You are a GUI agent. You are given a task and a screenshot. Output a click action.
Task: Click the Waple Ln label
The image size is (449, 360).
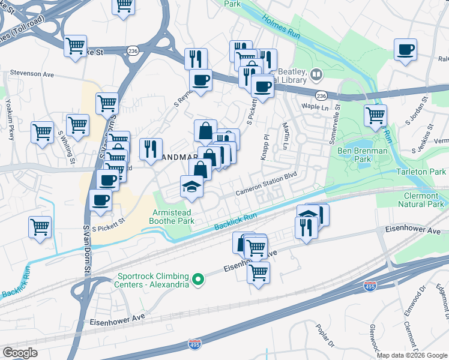tap(313, 106)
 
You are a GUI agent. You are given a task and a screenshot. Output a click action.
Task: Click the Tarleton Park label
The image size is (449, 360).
tap(422, 172)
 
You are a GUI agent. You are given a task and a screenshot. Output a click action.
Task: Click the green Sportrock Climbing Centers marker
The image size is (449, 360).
tap(197, 280)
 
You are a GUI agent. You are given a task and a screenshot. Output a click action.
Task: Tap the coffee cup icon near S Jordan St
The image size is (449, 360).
tap(406, 49)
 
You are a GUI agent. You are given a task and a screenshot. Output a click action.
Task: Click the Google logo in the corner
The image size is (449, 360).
tap(20, 353)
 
